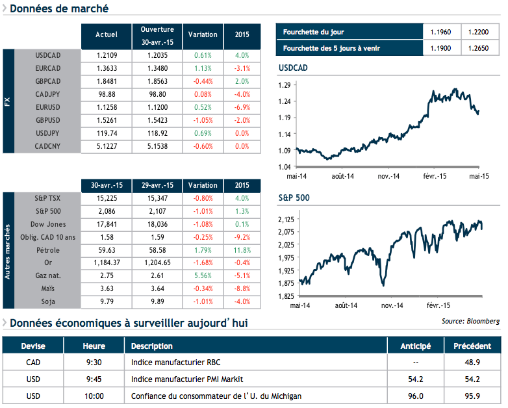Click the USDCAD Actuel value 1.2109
[106, 55]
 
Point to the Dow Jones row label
[47, 223]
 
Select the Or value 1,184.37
[106, 262]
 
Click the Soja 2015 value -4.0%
[242, 301]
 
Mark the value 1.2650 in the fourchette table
[479, 48]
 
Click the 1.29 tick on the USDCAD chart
[284, 85]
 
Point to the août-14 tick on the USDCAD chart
[343, 176]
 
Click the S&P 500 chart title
[292, 199]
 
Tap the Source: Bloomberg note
[470, 321]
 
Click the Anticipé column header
[415, 346]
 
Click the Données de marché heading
[60, 9]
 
